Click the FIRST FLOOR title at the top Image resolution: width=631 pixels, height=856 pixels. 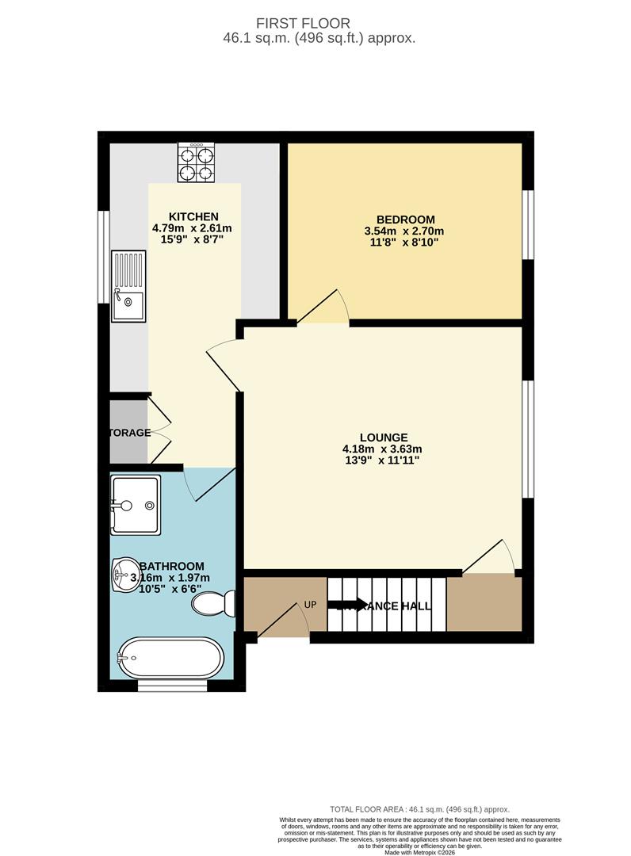pos(315,24)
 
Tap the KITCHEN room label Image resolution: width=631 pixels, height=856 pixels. pos(193,216)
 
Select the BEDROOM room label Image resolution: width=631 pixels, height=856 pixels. pos(405,220)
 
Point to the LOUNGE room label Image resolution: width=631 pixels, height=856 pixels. pos(384,437)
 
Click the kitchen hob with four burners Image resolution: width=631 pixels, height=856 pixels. pos(196,163)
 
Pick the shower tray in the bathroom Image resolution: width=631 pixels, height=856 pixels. pos(136,504)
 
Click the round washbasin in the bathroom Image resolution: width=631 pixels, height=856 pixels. pos(125,571)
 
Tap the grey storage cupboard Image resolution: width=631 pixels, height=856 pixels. pos(129,433)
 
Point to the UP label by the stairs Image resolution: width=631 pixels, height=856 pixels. pos(311,604)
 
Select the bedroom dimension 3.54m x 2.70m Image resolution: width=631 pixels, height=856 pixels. pos(404,231)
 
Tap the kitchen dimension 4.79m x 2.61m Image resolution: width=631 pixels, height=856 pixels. pos(192,228)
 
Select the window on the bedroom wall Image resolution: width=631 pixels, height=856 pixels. pos(528,224)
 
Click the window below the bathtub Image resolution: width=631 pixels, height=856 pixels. pos(166,686)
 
